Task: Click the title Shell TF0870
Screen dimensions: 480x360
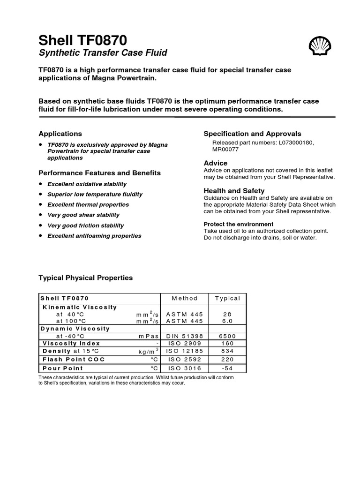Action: (82, 40)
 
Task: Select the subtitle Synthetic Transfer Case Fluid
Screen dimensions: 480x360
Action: (103, 53)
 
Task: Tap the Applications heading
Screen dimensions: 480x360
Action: (60, 134)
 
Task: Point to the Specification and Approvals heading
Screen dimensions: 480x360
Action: (252, 134)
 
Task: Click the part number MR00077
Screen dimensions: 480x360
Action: (226, 150)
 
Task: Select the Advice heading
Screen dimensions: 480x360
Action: (216, 163)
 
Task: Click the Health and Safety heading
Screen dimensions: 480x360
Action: (234, 191)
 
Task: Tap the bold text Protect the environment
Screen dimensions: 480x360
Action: (238, 224)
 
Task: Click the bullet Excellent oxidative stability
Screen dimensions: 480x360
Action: (87, 184)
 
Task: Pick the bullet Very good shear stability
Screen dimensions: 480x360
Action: (83, 215)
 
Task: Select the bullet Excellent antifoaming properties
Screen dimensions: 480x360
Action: (94, 236)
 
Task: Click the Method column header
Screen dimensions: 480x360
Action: (185, 298)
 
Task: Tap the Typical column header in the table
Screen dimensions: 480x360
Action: (227, 298)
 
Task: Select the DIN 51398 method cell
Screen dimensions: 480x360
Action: (185, 336)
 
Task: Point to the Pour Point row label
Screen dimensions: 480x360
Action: (63, 368)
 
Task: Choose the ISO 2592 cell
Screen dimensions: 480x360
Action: (185, 360)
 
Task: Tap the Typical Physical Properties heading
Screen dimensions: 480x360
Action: (85, 278)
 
